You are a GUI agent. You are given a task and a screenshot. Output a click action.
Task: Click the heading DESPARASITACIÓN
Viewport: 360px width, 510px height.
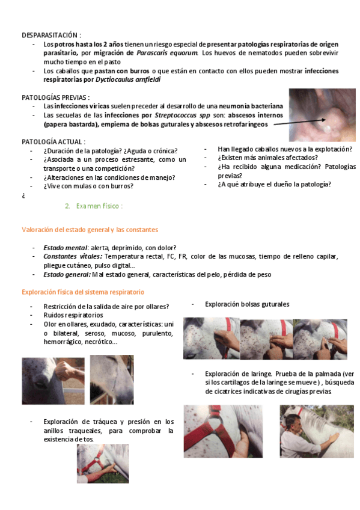click(50, 35)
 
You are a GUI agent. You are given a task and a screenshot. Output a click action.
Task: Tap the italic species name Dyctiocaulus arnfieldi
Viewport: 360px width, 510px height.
click(128, 79)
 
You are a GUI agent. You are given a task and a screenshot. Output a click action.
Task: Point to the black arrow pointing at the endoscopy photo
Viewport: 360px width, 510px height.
click(299, 122)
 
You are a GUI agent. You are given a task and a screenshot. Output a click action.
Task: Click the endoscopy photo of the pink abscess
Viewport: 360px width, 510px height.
click(322, 115)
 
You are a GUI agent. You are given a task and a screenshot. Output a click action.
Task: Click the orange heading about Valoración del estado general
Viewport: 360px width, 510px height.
click(90, 230)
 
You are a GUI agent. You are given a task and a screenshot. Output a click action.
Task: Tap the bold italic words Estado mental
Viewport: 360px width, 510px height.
click(66, 248)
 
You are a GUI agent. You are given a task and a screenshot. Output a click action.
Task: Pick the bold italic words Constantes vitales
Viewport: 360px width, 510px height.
click(73, 257)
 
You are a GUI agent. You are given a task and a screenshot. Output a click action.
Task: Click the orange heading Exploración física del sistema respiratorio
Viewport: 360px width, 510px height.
click(83, 292)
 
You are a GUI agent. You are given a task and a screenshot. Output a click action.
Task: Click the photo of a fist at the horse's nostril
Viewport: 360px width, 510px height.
click(53, 381)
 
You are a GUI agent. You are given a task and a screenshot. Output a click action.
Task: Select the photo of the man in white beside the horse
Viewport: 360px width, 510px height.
click(317, 431)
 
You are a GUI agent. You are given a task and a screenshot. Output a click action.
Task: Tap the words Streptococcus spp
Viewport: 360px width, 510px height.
click(182, 115)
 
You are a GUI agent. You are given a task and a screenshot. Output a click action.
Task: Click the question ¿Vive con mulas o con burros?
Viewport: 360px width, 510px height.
click(88, 186)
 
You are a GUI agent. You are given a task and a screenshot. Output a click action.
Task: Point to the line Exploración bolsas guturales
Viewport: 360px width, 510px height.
click(247, 304)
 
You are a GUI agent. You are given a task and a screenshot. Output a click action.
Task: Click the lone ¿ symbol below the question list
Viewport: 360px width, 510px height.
click(23, 196)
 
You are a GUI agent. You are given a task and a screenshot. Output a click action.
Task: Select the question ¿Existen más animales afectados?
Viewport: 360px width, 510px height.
click(267, 158)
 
